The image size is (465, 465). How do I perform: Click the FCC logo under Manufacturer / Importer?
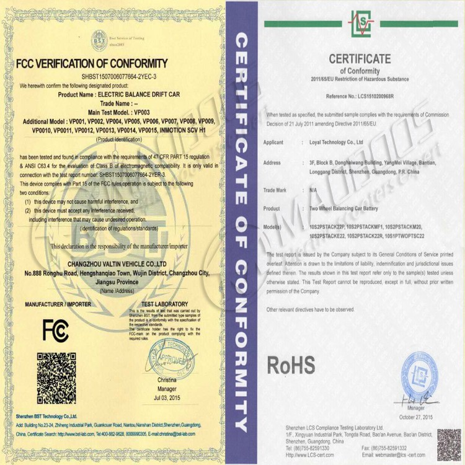pos(56,330)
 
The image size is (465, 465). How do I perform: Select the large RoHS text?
pos(291,365)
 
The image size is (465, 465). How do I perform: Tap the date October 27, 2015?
pos(419,416)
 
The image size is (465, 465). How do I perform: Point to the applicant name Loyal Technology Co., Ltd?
pos(336,142)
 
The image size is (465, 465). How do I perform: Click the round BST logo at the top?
pos(99,39)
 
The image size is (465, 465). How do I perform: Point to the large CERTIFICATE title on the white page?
pos(360,60)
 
